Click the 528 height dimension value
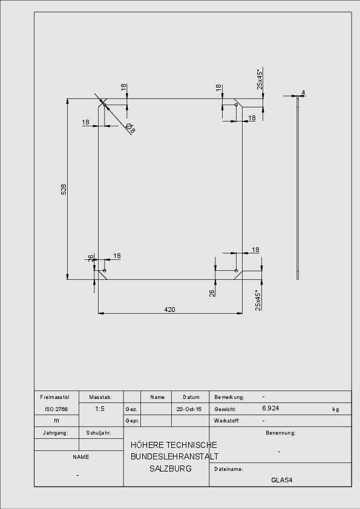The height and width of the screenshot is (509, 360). [x=64, y=189]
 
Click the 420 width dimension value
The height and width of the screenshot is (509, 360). [x=169, y=310]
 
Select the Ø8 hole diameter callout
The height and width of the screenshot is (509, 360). [x=131, y=129]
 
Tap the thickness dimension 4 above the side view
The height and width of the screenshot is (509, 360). [x=303, y=92]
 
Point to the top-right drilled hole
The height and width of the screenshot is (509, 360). [x=236, y=105]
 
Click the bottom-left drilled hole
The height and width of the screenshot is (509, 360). [x=104, y=270]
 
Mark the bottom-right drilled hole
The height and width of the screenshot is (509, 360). [x=236, y=270]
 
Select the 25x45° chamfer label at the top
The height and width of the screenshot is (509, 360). [x=260, y=79]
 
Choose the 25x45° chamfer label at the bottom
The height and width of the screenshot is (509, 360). [x=258, y=300]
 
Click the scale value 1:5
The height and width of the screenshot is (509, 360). [x=100, y=409]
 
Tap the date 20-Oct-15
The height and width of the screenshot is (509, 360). [x=189, y=409]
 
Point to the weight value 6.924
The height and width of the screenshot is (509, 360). [x=270, y=408]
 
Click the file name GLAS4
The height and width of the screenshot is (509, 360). [x=282, y=480]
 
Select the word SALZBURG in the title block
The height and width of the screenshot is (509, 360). [x=171, y=468]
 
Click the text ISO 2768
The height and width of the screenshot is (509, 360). [x=56, y=409]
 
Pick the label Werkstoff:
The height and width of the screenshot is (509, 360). [x=227, y=421]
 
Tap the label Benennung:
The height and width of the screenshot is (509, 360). [x=281, y=433]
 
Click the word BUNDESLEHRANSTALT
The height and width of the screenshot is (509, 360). [x=174, y=456]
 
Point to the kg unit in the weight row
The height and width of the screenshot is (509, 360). [x=336, y=409]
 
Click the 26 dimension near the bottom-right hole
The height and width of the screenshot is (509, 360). [x=212, y=293]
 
